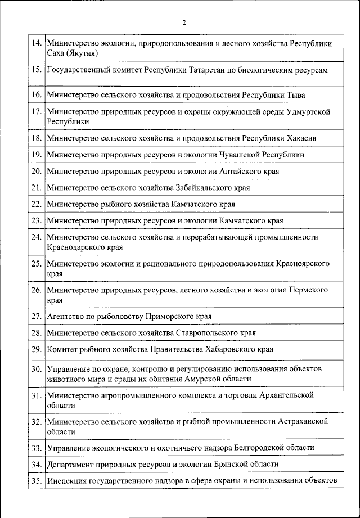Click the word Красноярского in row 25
pos(303,264)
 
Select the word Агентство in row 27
pos(64,317)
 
